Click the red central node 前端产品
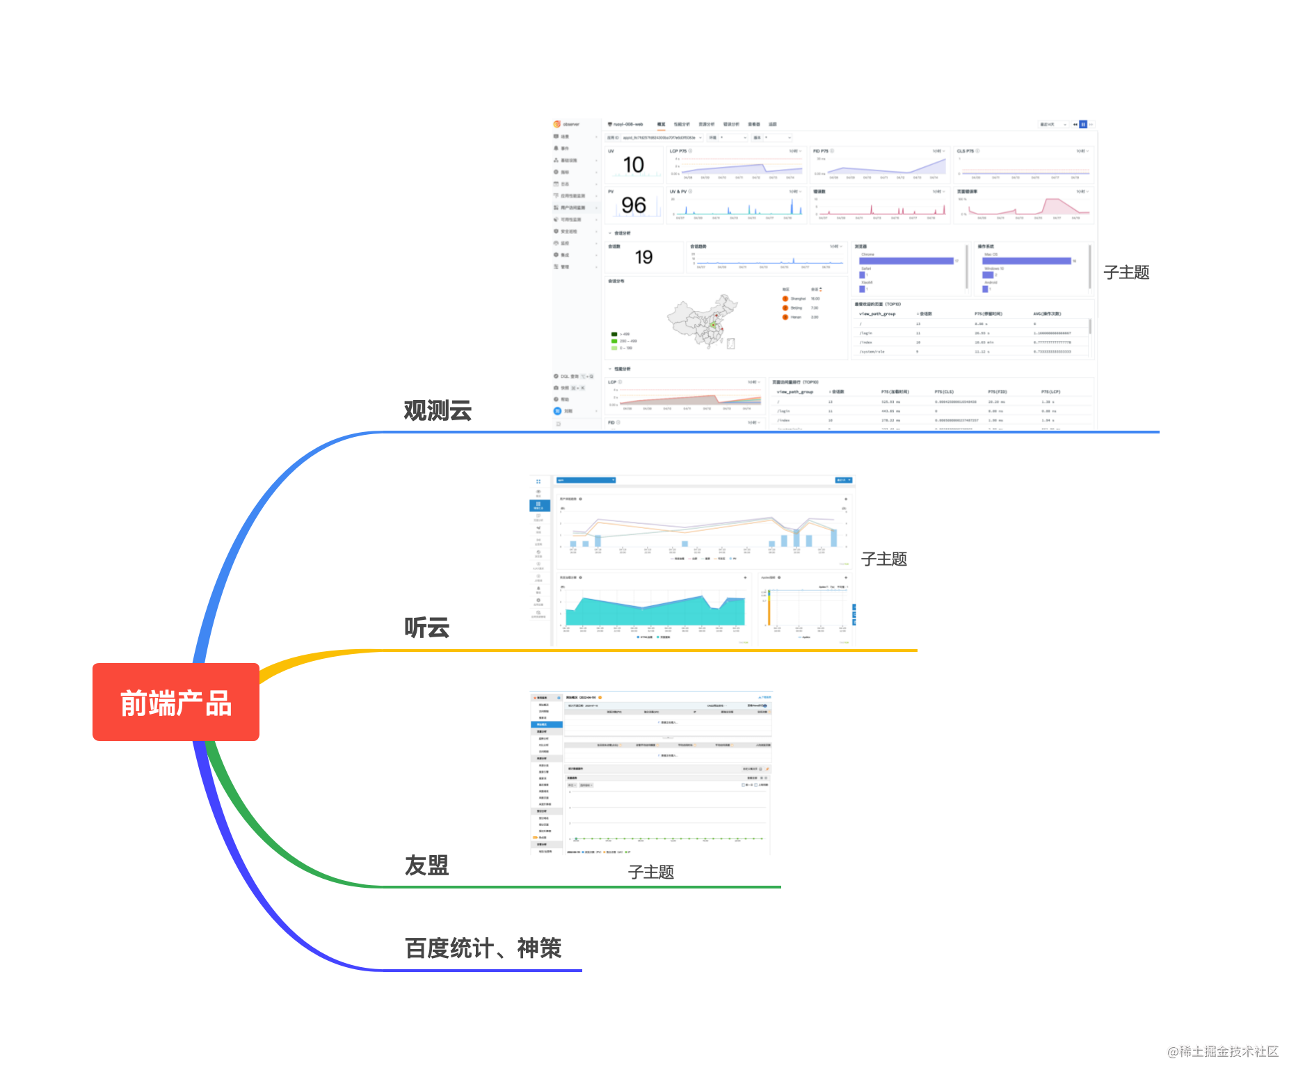[175, 702]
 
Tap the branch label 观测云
[438, 411]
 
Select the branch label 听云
[426, 628]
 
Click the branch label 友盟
[426, 866]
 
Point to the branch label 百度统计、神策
[483, 948]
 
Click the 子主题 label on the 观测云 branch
[1126, 273]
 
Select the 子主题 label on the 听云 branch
[883, 559]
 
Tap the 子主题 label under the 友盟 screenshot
[650, 872]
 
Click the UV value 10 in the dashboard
[633, 165]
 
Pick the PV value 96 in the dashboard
[633, 205]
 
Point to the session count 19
[643, 257]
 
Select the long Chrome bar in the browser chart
[906, 261]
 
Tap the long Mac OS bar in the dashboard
[1026, 261]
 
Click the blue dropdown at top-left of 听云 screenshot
[586, 480]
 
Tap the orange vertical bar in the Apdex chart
[769, 608]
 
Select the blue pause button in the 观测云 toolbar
[1083, 125]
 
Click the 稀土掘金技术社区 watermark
[1223, 1051]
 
